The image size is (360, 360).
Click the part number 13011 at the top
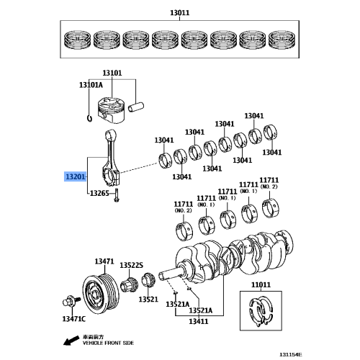coord(180,12)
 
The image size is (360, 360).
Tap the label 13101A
coord(91,85)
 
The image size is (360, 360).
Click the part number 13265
coord(99,194)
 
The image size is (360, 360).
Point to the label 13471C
coord(73,318)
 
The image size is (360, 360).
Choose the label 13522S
coord(132,265)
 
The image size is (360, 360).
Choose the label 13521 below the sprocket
coord(148,299)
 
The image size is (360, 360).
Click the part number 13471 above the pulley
coord(104,261)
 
